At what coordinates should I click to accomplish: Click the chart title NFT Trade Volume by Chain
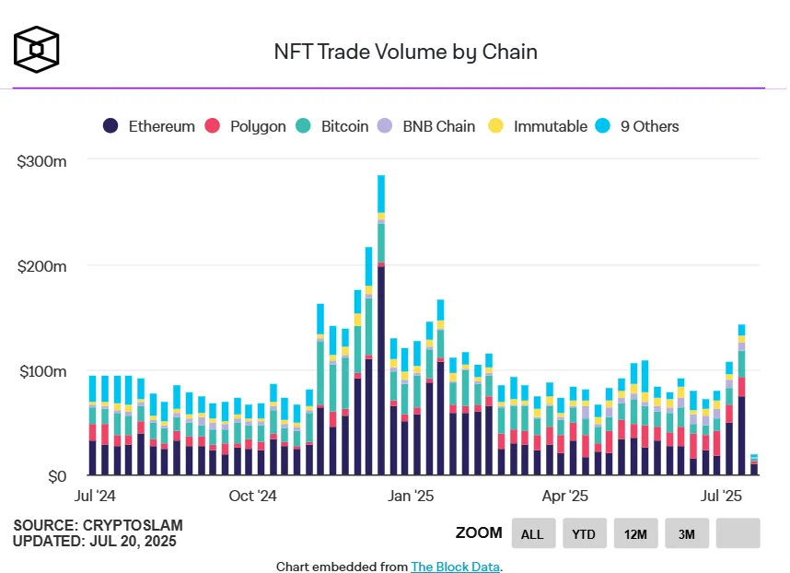(406, 52)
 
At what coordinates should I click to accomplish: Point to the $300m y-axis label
(41, 160)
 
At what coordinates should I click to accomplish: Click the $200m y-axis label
(41, 266)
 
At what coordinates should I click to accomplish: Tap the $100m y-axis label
(41, 371)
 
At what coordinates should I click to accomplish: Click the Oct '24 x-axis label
(252, 497)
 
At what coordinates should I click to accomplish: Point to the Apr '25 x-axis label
(564, 497)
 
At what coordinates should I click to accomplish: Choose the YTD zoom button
(582, 533)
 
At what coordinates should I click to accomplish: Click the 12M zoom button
(635, 533)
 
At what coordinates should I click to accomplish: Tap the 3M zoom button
(687, 533)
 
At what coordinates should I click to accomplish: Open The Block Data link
(455, 567)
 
